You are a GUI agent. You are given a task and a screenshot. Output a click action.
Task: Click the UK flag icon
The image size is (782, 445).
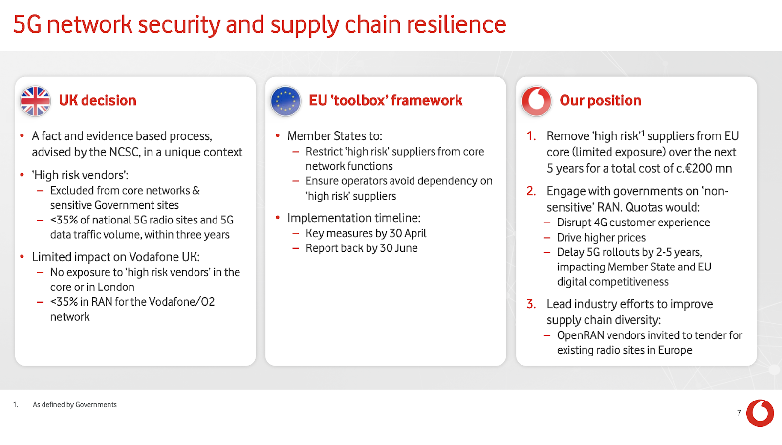pos(35,101)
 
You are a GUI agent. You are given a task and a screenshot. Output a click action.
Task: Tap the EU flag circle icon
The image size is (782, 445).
pos(285,101)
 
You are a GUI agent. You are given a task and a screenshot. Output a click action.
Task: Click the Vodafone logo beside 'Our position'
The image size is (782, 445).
pos(536,101)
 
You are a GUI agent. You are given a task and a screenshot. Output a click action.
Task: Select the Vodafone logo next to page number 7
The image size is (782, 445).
pos(760,413)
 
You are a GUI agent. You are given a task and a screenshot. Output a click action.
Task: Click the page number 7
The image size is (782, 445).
pos(739,413)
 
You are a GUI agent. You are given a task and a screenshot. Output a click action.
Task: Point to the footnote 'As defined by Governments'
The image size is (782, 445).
pos(75,405)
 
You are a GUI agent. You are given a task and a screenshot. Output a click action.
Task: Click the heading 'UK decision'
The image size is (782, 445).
pos(97,101)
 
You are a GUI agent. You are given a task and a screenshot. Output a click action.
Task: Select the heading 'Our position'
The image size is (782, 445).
pos(601,101)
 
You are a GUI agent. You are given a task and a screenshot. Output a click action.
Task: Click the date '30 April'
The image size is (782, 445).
pos(408,233)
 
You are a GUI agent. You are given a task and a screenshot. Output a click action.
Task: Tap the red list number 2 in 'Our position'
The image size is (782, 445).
pos(531,191)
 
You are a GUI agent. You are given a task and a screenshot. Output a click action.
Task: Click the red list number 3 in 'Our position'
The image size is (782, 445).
pos(531,304)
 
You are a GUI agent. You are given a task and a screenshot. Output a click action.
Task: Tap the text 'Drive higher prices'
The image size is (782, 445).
pos(601,238)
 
